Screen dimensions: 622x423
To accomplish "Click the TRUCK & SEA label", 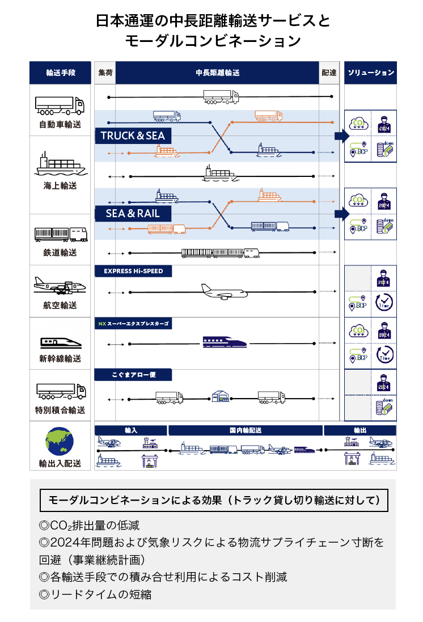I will (133, 136).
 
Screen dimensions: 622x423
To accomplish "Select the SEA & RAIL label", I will (133, 214).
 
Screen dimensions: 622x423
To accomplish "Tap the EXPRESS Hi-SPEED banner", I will (133, 271).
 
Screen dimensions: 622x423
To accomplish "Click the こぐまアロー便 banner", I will (133, 375).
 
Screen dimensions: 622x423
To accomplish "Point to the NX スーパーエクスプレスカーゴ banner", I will (133, 324).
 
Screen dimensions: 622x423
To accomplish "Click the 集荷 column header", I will (105, 73).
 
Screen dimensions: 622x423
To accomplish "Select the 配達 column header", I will (329, 73).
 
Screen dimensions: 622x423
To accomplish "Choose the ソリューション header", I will (370, 73).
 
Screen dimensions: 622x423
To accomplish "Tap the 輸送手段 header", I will (60, 73).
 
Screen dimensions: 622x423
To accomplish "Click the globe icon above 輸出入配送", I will (60, 441).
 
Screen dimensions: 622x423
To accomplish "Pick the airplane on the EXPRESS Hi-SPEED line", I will (225, 291).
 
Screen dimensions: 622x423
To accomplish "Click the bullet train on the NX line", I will (225, 342).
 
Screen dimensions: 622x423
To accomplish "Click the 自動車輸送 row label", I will (60, 124).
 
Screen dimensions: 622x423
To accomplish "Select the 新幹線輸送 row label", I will (60, 358).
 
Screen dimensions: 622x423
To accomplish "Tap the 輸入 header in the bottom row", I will (131, 430).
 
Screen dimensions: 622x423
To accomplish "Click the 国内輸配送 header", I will (246, 430).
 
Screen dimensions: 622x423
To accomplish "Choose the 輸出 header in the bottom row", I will (360, 430).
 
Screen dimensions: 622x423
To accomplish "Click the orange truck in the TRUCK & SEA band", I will (269, 116).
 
